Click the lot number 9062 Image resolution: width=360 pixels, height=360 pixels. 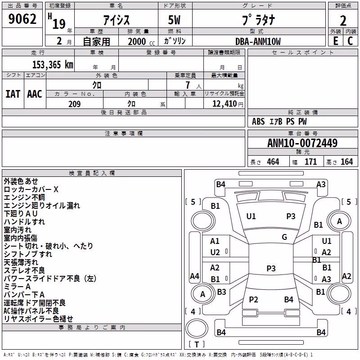(x=22, y=19)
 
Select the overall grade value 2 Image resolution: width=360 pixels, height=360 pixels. (x=343, y=21)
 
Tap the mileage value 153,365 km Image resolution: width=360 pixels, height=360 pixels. (x=53, y=65)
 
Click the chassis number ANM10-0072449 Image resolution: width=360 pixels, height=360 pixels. (x=302, y=143)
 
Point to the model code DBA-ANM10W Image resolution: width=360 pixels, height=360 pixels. (x=258, y=41)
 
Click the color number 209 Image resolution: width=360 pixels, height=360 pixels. (x=74, y=104)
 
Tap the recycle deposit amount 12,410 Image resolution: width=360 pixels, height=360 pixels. (x=224, y=104)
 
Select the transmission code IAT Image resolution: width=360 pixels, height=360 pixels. (x=13, y=94)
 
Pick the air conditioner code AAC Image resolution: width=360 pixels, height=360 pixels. (x=35, y=94)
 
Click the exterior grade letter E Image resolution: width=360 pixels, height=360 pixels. (x=336, y=41)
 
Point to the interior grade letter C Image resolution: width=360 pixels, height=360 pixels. (x=350, y=41)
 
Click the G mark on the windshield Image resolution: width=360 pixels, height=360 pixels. (x=284, y=237)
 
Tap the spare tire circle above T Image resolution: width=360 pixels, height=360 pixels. (x=197, y=328)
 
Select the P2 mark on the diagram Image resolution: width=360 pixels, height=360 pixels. (x=253, y=299)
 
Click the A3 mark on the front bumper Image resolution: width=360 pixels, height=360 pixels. (x=321, y=184)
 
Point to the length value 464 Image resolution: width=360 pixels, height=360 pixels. (x=273, y=162)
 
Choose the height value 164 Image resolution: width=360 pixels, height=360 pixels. (x=346, y=162)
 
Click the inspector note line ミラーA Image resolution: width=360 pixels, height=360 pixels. (x=17, y=287)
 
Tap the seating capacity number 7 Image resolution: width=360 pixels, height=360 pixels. (x=188, y=85)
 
